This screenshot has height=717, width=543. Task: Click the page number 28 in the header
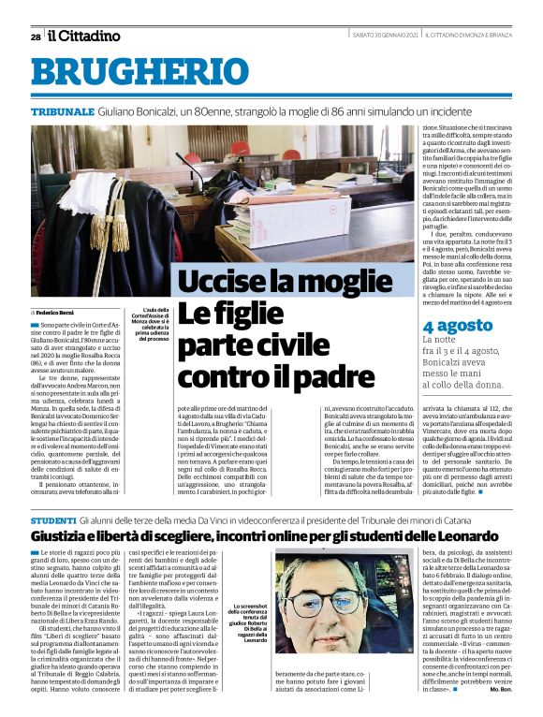click(35, 37)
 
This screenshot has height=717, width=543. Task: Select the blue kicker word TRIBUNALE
click(62, 110)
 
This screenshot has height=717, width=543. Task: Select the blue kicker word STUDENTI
click(53, 519)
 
